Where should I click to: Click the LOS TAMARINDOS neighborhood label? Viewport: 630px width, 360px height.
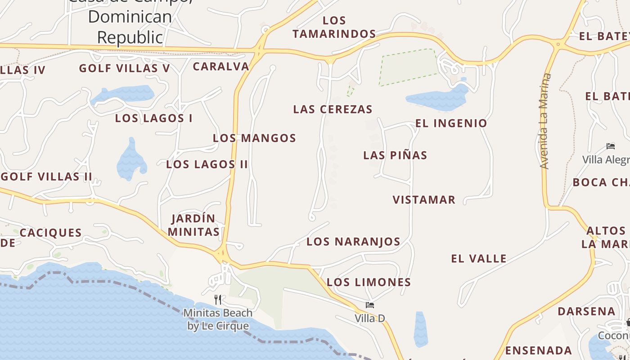tap(334, 27)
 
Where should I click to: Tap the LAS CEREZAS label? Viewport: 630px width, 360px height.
tap(333, 109)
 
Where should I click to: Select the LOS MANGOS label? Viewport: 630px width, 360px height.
tap(254, 138)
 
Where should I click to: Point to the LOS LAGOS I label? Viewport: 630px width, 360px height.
tap(153, 118)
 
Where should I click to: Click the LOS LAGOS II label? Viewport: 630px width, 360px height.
tap(207, 164)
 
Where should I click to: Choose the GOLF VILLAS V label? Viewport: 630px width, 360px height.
tap(125, 68)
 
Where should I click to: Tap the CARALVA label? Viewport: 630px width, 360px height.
tap(221, 67)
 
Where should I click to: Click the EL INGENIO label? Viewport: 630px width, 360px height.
tap(451, 123)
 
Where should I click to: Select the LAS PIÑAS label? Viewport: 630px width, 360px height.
tap(395, 155)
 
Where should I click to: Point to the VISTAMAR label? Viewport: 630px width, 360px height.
tap(424, 200)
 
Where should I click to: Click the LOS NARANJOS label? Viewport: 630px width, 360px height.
tap(353, 242)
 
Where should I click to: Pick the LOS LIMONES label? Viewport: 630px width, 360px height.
tap(369, 282)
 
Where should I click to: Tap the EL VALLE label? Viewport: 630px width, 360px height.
tap(479, 259)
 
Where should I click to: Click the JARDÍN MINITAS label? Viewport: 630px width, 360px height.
tap(193, 225)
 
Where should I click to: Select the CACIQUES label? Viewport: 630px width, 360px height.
tap(51, 233)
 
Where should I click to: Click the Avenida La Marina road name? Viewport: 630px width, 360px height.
tap(544, 121)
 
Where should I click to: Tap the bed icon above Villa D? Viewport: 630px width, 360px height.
tap(370, 305)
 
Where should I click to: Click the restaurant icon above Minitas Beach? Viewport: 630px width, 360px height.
tap(218, 299)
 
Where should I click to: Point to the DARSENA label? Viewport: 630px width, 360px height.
tap(586, 311)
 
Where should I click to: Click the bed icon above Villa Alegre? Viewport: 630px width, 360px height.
tap(611, 146)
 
